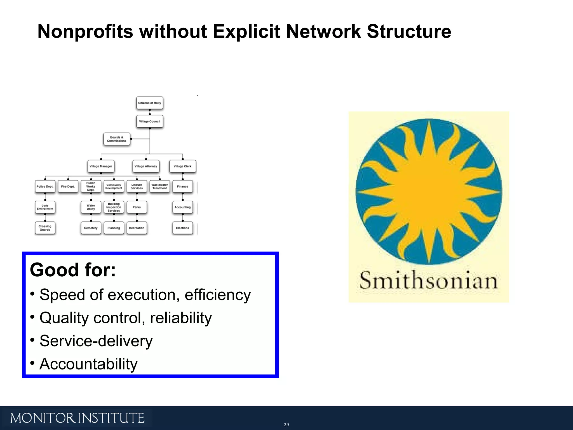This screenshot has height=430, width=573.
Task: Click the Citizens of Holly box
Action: coord(150,103)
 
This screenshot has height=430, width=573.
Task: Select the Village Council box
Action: coord(150,121)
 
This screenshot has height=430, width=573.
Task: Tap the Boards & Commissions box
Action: coord(117,139)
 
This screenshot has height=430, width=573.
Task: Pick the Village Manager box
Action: coord(101,166)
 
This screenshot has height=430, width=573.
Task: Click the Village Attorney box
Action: coord(146,166)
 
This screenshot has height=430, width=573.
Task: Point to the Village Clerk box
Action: coord(182,166)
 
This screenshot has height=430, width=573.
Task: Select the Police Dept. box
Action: coord(45,186)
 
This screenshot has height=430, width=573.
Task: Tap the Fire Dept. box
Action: coord(68,186)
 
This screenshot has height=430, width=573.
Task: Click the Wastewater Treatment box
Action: coord(159,186)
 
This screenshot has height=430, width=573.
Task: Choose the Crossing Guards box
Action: coord(45,228)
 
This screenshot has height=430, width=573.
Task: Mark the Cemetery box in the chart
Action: coord(91,228)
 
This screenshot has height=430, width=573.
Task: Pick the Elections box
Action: coord(182,228)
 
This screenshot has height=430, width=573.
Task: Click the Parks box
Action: coord(137,207)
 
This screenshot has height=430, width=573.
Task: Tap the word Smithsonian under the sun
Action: coord(428,281)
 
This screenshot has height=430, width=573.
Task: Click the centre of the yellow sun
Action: coord(428,191)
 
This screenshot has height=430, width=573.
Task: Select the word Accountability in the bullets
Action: coord(88,364)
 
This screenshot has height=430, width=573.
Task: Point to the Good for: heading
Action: coord(73,270)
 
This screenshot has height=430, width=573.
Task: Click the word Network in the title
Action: coord(323,31)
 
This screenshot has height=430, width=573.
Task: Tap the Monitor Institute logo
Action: coord(77,418)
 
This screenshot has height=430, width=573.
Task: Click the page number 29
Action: coord(286,425)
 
